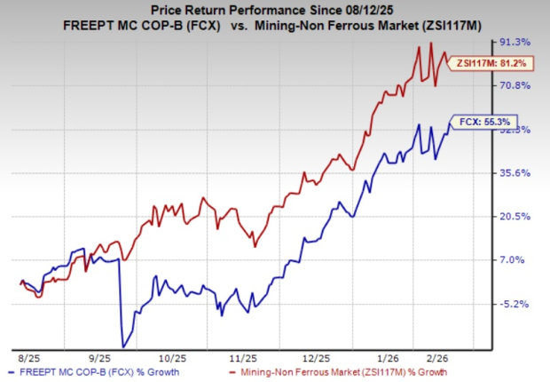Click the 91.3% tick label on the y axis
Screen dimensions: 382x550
click(517, 42)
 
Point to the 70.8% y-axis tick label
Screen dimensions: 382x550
click(517, 85)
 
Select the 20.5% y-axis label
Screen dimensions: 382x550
click(517, 216)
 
